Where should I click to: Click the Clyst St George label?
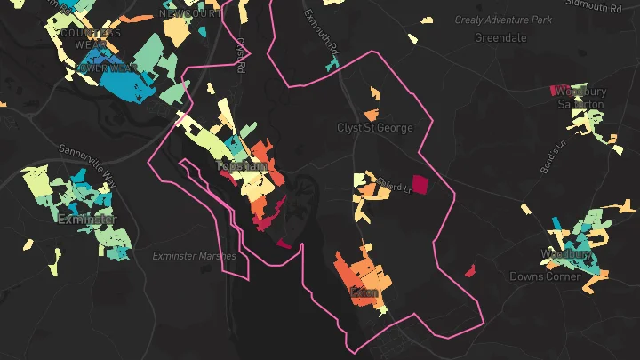375,128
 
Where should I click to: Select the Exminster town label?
87,219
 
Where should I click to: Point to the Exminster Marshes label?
195,256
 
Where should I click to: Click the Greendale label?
500,38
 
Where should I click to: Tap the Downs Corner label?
545,276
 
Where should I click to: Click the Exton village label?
364,292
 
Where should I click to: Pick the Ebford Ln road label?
395,187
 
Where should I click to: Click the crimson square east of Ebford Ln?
419,184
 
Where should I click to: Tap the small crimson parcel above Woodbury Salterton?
561,90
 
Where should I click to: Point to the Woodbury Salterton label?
580,98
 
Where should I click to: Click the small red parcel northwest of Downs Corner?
470,270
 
